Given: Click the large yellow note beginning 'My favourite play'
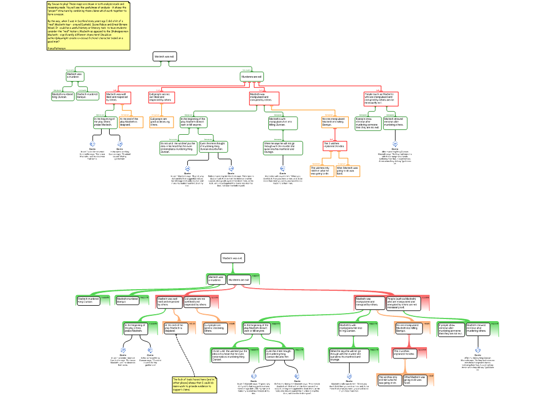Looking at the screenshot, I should (x=88, y=21).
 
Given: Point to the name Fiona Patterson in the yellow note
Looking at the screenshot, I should (x=57, y=48).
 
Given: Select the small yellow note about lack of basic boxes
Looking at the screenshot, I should (x=194, y=385).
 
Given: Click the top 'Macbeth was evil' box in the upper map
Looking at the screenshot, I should (x=164, y=56).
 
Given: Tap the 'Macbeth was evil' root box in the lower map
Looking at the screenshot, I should (x=233, y=258).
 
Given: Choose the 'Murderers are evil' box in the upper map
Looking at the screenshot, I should (x=252, y=77).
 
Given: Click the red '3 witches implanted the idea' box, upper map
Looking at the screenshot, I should (x=335, y=145).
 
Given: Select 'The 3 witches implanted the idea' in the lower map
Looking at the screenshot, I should (x=403, y=353).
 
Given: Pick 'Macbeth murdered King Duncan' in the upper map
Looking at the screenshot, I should (x=62, y=96).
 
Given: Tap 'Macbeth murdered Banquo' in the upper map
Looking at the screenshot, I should (x=87, y=96).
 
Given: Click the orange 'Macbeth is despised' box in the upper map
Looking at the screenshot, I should (x=131, y=122).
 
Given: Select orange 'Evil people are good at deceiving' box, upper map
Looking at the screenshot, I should (x=161, y=122).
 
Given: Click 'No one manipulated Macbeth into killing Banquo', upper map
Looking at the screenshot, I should (x=335, y=122).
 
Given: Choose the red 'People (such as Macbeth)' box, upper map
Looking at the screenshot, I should (x=381, y=99).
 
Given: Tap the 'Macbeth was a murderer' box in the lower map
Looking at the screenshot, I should (x=216, y=279).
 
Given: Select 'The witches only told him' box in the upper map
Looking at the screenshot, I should (x=321, y=171).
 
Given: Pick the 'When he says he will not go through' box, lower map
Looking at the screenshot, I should (x=345, y=355).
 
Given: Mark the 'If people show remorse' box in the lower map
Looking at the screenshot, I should (x=450, y=329).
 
